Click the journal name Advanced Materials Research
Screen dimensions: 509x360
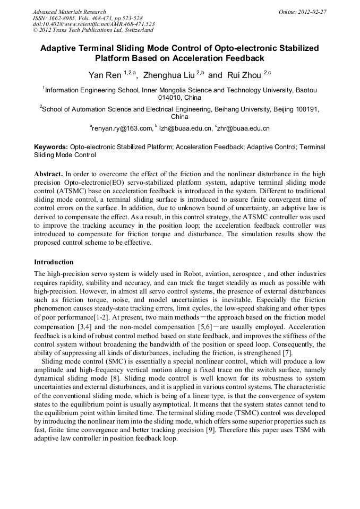coord(70,12)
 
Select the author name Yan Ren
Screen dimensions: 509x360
coord(105,75)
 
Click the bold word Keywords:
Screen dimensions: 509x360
coord(51,146)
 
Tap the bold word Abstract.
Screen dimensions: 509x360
coord(48,174)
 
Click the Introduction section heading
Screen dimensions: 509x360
coord(54,262)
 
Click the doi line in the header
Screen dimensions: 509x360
coord(93,24)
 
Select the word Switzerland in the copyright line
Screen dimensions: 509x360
coord(136,31)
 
